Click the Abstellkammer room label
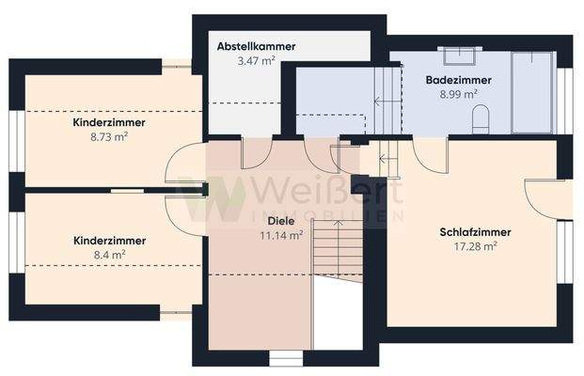coord(256,46)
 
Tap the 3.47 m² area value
coord(256,60)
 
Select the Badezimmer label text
coord(457,81)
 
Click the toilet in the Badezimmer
coord(481,117)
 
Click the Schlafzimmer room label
coord(475,232)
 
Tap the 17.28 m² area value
coord(475,246)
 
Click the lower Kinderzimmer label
coord(109,241)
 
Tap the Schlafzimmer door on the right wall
coord(545,198)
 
